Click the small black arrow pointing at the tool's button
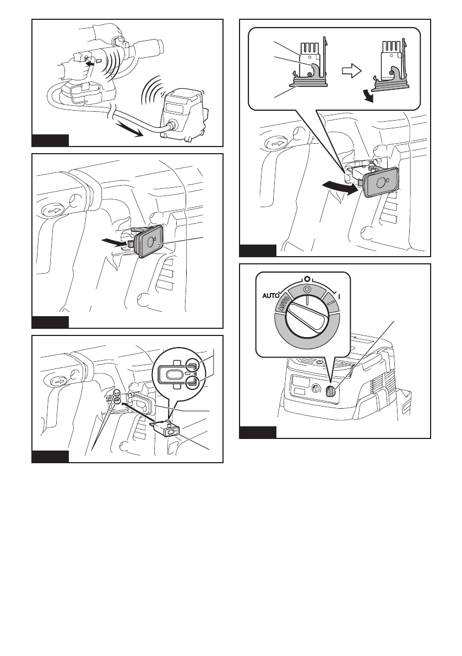tap(89, 62)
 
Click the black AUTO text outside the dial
tap(270, 296)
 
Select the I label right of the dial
tap(339, 296)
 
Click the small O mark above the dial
tap(307, 278)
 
